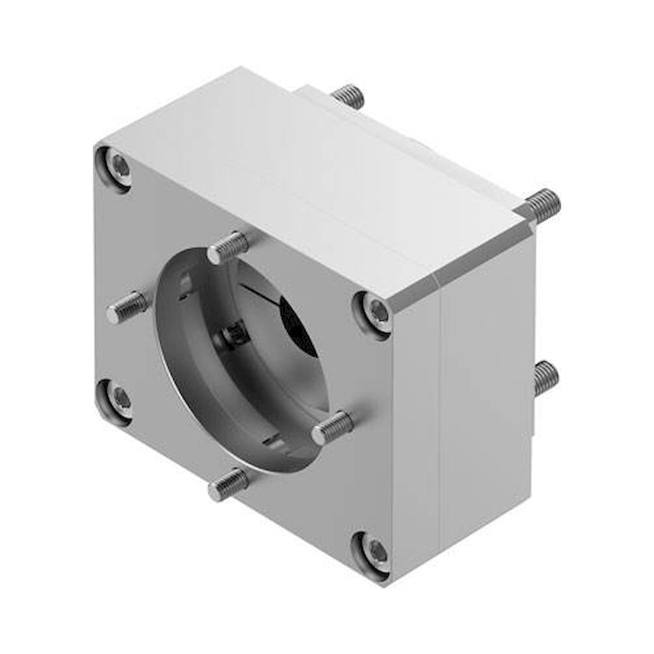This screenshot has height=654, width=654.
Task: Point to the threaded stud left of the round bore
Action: (126, 306)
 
